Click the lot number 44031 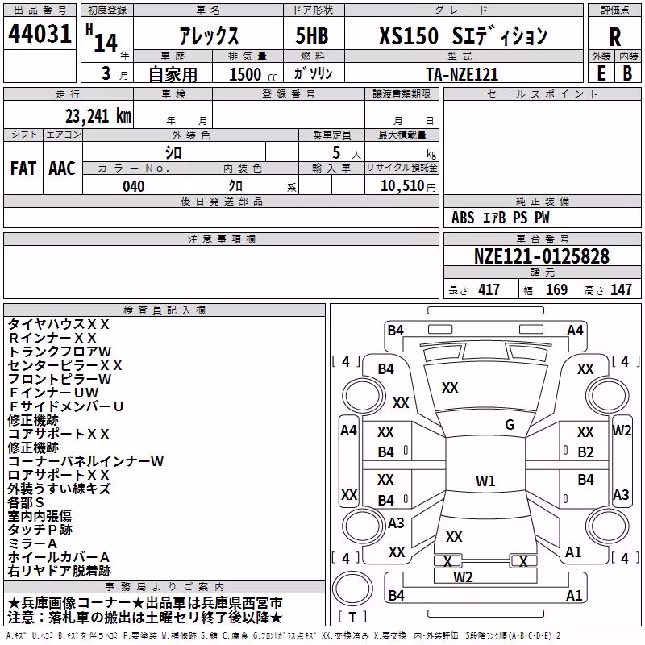(40, 34)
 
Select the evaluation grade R (614, 37)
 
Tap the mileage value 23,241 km (98, 116)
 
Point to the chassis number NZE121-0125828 (542, 256)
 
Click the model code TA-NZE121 (462, 74)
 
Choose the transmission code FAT (23, 169)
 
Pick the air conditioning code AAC (62, 169)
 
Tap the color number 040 (133, 186)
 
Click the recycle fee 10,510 (402, 186)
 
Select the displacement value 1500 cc (253, 74)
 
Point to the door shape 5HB (312, 35)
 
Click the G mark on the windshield (510, 425)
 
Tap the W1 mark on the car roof (485, 481)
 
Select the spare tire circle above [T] (352, 589)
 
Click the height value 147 (621, 289)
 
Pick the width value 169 (556, 289)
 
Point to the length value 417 (489, 289)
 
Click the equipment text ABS (463, 218)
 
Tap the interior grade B (627, 73)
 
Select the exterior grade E (601, 73)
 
